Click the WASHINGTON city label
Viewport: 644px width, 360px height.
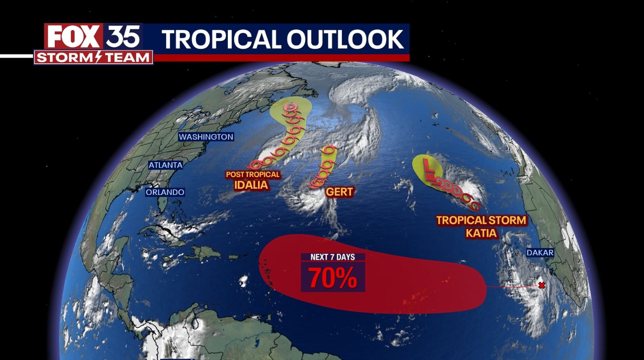click(x=206, y=137)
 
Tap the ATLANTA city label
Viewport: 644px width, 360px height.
click(x=165, y=165)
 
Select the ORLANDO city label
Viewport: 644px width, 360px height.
click(x=165, y=192)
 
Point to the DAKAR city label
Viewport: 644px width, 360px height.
click(x=540, y=253)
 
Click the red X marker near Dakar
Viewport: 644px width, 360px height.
click(x=542, y=285)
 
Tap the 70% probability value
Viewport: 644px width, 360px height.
click(x=332, y=278)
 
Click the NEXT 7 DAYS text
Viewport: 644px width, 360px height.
click(x=332, y=257)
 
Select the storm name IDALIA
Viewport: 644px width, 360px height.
click(x=251, y=185)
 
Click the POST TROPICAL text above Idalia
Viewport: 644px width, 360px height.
click(x=253, y=174)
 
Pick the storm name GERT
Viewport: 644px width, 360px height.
click(x=339, y=192)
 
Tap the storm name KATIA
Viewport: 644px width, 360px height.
click(x=481, y=233)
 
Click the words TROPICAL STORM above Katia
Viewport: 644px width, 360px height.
click(x=481, y=221)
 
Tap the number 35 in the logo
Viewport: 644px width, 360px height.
click(x=123, y=36)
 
